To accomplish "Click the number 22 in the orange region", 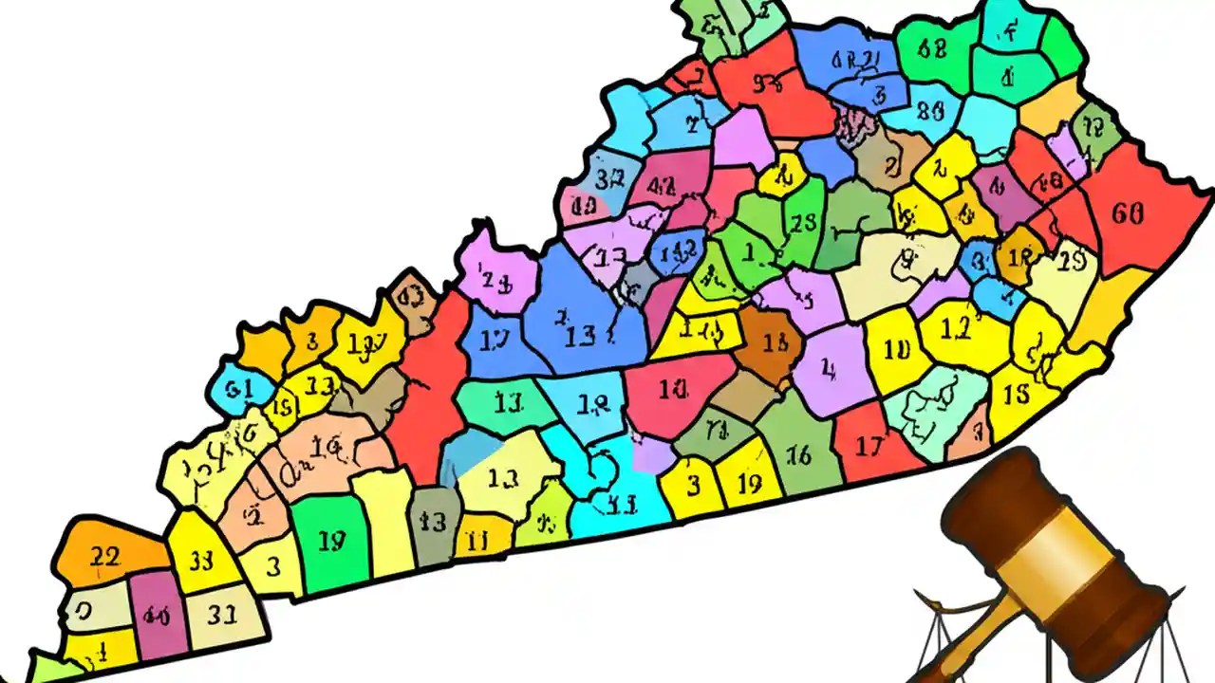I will coord(104,557).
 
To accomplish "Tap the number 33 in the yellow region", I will coord(201,559).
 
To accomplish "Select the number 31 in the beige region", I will coord(221,615).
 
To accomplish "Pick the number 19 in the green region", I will coord(331,542).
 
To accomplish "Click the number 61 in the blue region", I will coord(239,388).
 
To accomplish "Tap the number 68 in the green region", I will coord(934,49).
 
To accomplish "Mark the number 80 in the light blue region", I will coord(931,111).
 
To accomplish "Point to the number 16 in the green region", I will coord(798,455).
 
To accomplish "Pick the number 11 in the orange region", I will coord(477,542).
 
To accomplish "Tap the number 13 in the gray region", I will coord(433,521).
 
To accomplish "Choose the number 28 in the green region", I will coord(803,223).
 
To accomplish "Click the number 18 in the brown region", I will coord(776,343).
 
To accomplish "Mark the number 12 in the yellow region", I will coord(956,327).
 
